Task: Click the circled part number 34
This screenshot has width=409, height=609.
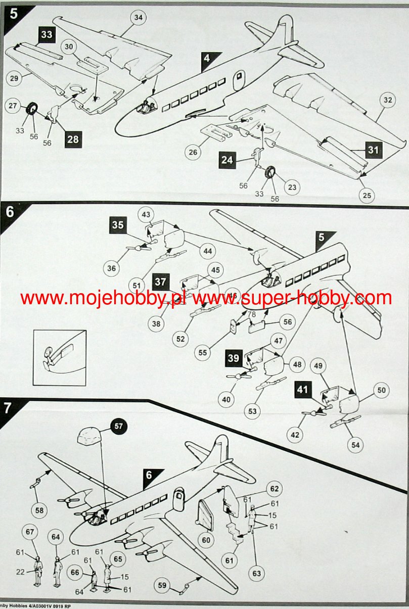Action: click(138, 17)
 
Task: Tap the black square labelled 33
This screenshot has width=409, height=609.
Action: click(46, 34)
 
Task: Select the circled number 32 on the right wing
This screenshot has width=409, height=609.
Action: click(387, 100)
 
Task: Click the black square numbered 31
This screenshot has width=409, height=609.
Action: click(373, 150)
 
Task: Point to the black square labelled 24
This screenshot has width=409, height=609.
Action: click(228, 161)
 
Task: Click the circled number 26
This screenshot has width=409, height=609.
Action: click(193, 151)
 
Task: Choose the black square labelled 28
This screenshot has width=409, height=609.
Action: click(73, 139)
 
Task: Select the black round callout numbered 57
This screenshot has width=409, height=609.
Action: click(118, 427)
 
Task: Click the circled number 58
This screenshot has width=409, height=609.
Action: click(39, 510)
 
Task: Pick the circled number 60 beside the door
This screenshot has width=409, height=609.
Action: click(206, 540)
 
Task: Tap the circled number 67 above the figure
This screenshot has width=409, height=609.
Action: click(30, 532)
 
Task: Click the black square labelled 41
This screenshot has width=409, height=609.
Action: click(302, 390)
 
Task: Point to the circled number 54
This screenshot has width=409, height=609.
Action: click(356, 445)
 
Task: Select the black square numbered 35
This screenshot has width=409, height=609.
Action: click(118, 225)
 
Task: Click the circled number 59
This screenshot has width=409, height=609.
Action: click(162, 586)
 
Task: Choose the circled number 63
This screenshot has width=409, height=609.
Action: click(257, 573)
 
